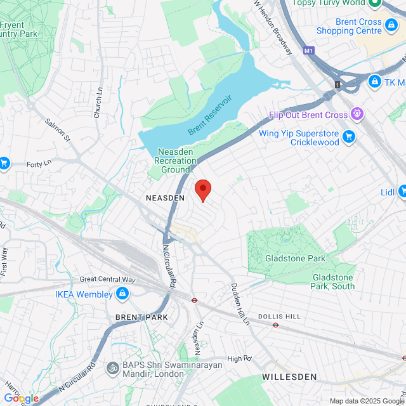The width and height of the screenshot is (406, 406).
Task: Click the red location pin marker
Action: pyautogui.click(x=202, y=189)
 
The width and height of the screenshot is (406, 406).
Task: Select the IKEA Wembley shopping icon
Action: pyautogui.click(x=122, y=294)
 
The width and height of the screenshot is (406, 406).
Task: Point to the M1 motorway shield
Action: pyautogui.click(x=309, y=51)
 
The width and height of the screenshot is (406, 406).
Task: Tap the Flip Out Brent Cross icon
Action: pyautogui.click(x=357, y=114)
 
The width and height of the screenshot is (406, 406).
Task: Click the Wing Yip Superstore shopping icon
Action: pyautogui.click(x=348, y=136)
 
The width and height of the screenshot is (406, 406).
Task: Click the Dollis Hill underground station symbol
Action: pyautogui.click(x=276, y=325)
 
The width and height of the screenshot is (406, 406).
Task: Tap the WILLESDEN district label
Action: pyautogui.click(x=289, y=377)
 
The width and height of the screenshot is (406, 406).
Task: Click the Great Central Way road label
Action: pyautogui.click(x=107, y=279)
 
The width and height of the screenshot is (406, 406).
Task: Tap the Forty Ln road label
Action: pyautogui.click(x=39, y=164)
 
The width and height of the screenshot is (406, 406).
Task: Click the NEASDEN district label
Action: pyautogui.click(x=165, y=198)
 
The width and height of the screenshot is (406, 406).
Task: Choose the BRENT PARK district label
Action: pyautogui.click(x=141, y=317)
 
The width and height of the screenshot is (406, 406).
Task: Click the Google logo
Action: pyautogui.click(x=21, y=398)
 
